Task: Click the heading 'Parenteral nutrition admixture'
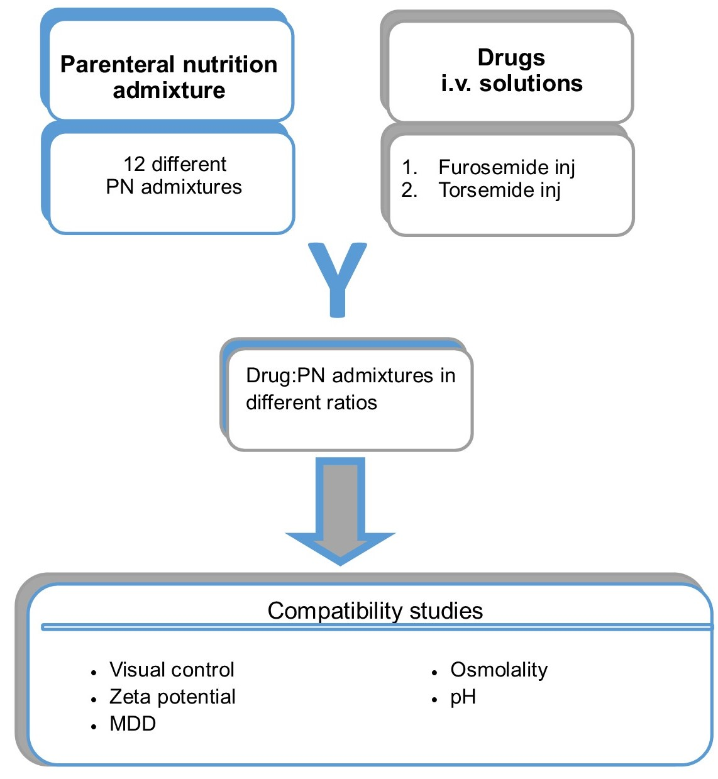click(x=168, y=77)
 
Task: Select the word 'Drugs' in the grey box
click(x=511, y=57)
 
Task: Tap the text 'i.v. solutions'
click(x=511, y=84)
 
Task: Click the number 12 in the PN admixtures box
click(x=135, y=164)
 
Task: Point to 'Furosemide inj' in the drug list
click(x=506, y=167)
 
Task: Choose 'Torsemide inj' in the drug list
click(x=499, y=190)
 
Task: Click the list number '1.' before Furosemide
click(x=409, y=167)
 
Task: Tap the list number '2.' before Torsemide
click(x=409, y=190)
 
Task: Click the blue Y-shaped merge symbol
click(x=338, y=277)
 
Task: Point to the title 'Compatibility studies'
click(x=375, y=610)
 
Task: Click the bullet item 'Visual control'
click(x=172, y=670)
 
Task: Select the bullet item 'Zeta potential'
click(x=172, y=697)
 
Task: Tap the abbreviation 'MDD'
click(x=133, y=724)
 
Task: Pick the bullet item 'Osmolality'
click(x=499, y=670)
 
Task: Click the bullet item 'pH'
click(x=463, y=697)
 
